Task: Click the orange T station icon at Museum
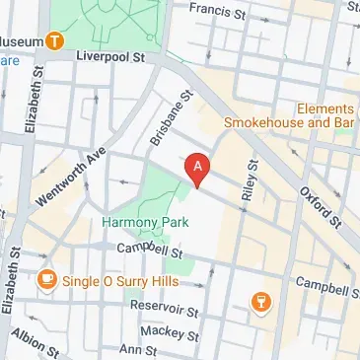click(x=56, y=41)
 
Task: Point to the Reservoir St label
click(x=167, y=310)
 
